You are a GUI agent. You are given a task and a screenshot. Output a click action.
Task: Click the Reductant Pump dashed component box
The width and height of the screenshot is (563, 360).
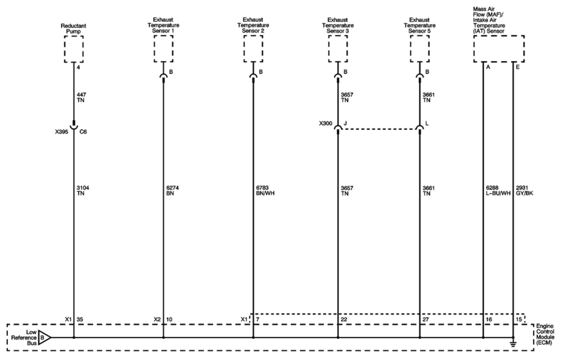pos(74,49)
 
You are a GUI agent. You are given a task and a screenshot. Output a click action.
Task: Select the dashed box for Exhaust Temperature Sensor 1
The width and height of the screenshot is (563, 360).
pos(164,49)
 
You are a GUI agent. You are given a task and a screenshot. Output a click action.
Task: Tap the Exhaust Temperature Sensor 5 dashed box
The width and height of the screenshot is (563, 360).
pos(420,49)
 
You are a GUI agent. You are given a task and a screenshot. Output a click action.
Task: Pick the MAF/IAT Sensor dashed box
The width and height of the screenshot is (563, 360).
pos(499,49)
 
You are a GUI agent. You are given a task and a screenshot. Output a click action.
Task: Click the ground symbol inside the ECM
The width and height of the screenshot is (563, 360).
pos(513,344)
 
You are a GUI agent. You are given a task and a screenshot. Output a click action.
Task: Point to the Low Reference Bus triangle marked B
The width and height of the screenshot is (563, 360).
pos(44,337)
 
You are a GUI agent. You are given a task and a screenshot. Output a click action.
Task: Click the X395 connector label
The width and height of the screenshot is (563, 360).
pos(61,132)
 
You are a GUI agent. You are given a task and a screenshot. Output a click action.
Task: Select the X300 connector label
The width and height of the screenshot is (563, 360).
pos(326,123)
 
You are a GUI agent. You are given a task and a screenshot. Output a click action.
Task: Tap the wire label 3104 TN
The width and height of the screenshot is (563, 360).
pos(83,191)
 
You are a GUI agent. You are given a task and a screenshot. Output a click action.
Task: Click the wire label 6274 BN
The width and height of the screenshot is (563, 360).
pos(173,191)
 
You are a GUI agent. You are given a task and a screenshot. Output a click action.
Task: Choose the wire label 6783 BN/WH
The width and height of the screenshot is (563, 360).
pos(265,191)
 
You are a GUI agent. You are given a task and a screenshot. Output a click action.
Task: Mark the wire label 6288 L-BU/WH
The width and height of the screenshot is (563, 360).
pos(498,191)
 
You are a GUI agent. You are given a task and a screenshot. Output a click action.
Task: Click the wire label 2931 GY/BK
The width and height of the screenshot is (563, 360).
pos(524,191)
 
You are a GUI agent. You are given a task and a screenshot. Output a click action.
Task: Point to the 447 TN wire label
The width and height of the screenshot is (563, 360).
pos(81,97)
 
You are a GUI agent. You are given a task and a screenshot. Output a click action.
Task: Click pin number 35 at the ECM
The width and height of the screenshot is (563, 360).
pos(80,320)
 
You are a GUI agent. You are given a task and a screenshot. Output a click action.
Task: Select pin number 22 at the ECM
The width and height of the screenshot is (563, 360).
pos(344,320)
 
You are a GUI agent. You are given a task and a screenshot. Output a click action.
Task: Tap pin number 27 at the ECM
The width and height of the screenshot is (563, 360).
pos(426,320)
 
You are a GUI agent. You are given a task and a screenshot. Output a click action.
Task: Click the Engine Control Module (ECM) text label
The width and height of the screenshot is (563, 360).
pos(545,334)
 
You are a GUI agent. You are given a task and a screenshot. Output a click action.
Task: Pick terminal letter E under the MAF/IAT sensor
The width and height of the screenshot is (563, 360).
pos(518,67)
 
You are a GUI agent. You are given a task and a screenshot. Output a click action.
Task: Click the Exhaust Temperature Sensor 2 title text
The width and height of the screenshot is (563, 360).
pos(253,25)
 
